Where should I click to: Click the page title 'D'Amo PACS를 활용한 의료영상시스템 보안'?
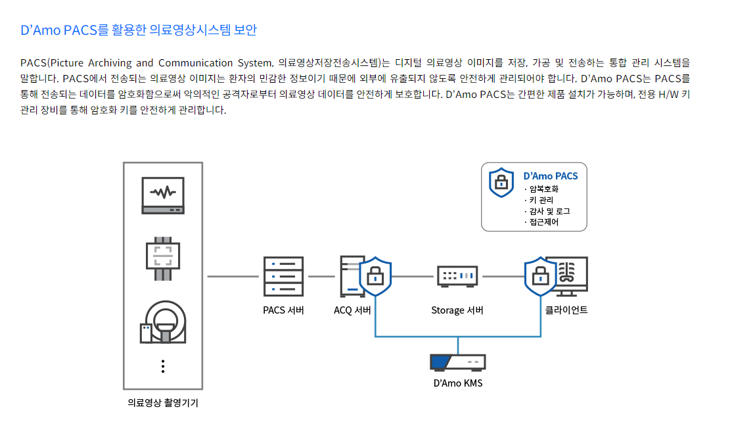(139, 30)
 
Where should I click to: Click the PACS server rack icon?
(283, 277)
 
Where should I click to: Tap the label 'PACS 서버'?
(283, 310)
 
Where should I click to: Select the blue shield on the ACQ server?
(375, 276)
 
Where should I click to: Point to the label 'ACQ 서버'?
(352, 310)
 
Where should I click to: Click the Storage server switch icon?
(457, 276)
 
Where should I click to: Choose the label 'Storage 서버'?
(457, 310)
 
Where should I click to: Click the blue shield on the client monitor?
(540, 276)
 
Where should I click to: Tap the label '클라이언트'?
(566, 310)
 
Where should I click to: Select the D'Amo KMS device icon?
(457, 362)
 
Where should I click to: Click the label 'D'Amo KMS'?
(458, 383)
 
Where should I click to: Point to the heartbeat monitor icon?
(163, 195)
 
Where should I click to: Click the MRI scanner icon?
(163, 322)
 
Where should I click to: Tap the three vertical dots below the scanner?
(163, 366)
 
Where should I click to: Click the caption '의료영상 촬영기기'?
(163, 403)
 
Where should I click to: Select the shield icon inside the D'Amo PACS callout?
(501, 181)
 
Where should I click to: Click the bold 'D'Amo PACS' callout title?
(551, 176)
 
